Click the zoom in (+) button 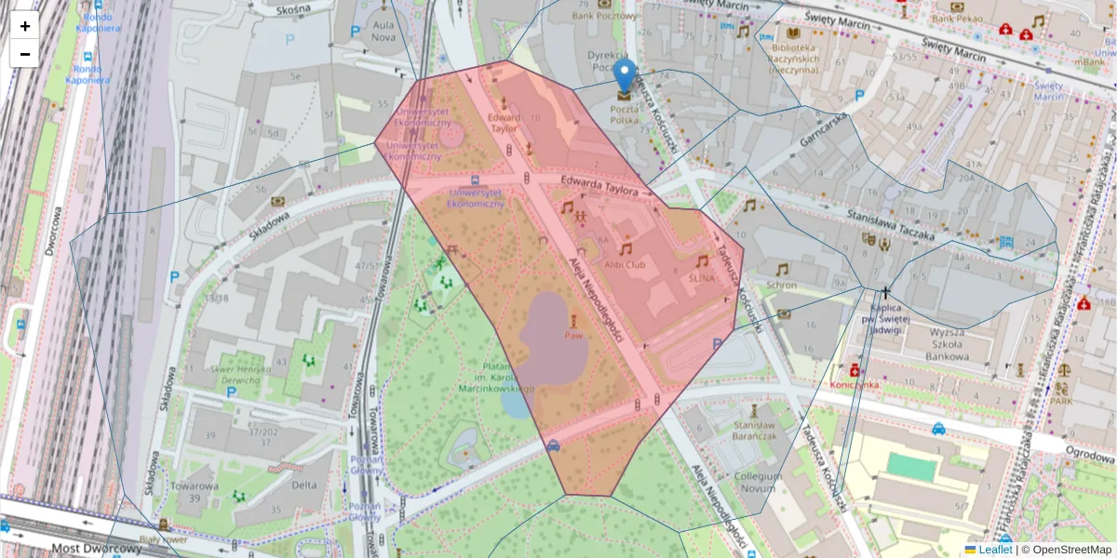tap(25, 26)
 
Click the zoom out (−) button tap(25, 53)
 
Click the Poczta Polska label tap(625, 113)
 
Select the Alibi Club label tap(625, 264)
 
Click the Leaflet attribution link tap(995, 550)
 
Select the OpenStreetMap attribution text tap(1071, 550)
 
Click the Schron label tap(782, 285)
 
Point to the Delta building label tap(303, 485)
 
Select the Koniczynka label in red tap(854, 384)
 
